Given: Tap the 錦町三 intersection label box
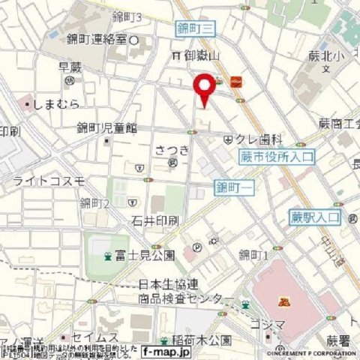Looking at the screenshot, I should coord(196,28).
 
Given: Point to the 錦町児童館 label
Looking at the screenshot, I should coord(107,128).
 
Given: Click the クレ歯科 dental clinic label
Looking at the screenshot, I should coord(259,139).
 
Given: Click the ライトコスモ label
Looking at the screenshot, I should coord(49,181).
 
